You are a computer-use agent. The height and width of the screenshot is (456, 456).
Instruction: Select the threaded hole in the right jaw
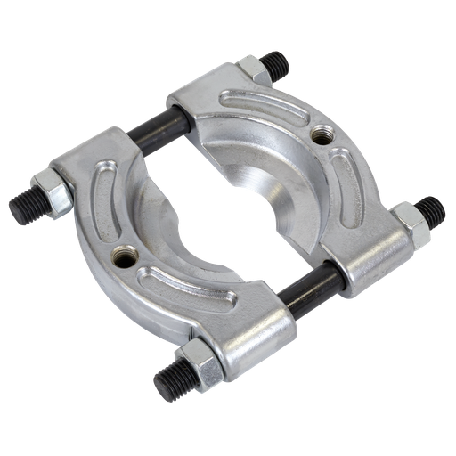click(322, 135)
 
